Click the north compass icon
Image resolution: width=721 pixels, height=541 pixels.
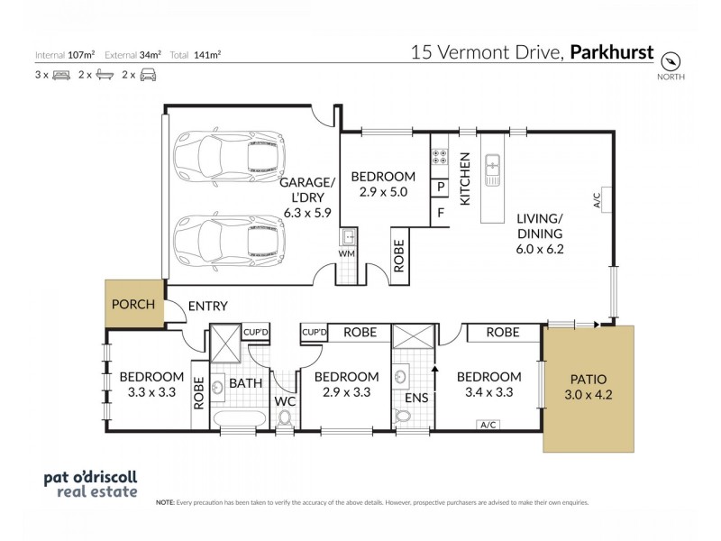pyautogui.click(x=671, y=61)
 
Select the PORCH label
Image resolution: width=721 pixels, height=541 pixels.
pyautogui.click(x=132, y=304)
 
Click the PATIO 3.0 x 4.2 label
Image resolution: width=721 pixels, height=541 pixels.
pyautogui.click(x=588, y=386)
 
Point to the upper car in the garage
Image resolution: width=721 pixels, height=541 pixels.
pyautogui.click(x=230, y=157)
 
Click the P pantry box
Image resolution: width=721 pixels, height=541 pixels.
pyautogui.click(x=440, y=188)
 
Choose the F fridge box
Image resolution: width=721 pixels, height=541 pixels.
pyautogui.click(x=440, y=215)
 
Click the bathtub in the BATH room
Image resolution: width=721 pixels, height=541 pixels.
pyautogui.click(x=237, y=418)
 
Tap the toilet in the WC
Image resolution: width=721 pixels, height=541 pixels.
pyautogui.click(x=286, y=417)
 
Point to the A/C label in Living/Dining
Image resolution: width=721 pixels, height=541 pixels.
pyautogui.click(x=598, y=201)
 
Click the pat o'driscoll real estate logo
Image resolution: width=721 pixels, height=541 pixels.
pyautogui.click(x=90, y=484)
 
